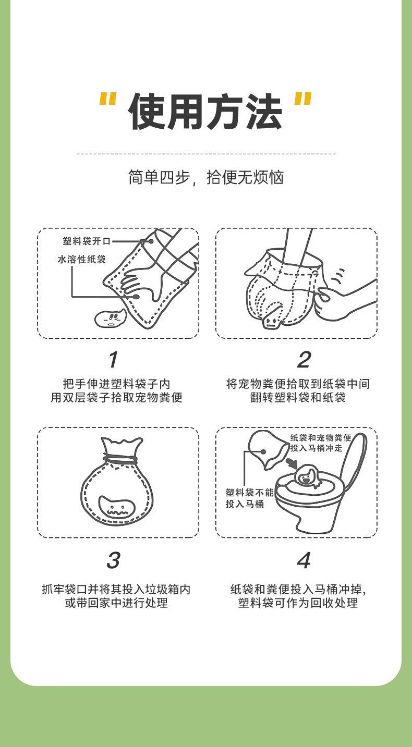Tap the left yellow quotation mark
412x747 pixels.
[107, 100]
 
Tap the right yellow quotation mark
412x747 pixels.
[303, 100]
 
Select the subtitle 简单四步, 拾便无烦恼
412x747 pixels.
[206, 177]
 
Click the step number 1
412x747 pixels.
[113, 359]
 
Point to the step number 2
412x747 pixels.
[304, 359]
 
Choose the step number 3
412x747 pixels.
[113, 560]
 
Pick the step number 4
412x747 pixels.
[304, 560]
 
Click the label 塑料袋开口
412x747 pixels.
[87, 241]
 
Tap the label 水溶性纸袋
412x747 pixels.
[82, 259]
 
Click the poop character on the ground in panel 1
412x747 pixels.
[110, 318]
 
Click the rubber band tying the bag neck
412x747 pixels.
[120, 459]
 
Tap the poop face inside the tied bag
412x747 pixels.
[114, 507]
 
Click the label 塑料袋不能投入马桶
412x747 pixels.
[249, 498]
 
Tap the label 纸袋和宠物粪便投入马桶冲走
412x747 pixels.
[321, 443]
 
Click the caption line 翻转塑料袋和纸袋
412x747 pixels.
[298, 398]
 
